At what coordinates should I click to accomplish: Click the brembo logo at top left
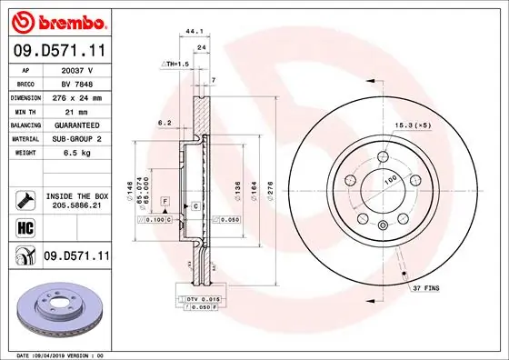coord(56,19)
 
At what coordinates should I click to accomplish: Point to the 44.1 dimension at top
coord(193,31)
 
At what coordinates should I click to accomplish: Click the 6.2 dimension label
coord(165,122)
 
